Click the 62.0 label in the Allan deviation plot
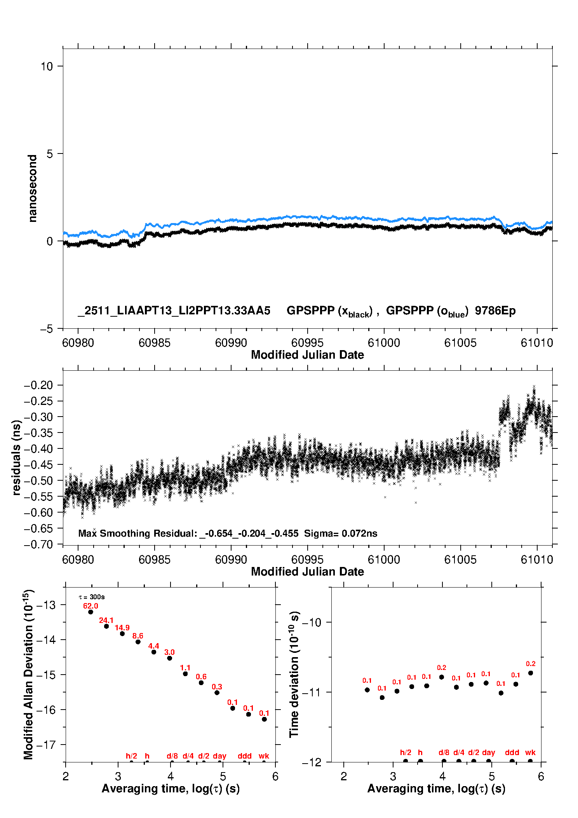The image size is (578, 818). (91, 606)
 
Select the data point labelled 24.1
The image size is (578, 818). (106, 626)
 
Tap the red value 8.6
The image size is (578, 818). (138, 636)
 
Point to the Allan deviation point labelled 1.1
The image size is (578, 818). (185, 673)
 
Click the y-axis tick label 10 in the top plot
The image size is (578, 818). (47, 66)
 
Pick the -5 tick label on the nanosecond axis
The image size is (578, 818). (47, 329)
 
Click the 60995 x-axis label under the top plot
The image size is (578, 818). (307, 343)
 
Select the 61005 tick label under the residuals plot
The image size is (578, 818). (460, 560)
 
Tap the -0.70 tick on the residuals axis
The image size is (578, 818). (38, 544)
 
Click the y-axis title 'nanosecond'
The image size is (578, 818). (33, 188)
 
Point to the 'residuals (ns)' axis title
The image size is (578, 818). (16, 457)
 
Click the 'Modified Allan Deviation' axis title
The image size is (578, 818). (28, 674)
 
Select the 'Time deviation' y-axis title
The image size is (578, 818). (294, 674)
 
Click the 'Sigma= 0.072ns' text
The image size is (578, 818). (341, 534)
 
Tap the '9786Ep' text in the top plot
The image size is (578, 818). (495, 310)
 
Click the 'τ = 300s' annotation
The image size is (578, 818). (92, 597)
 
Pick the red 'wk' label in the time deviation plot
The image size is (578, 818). (530, 752)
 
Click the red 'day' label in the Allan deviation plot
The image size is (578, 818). (219, 756)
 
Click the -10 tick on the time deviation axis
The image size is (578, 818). (312, 623)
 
